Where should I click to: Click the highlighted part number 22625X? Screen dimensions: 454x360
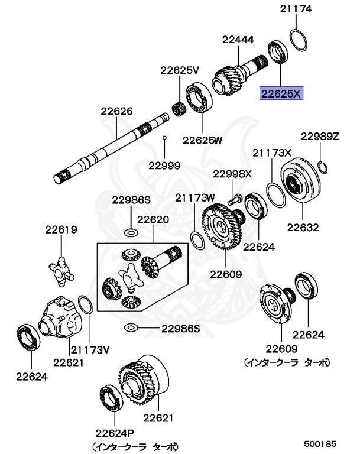point(281,93)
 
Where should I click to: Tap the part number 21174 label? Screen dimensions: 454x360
point(296,9)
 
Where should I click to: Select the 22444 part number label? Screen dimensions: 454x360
point(238,40)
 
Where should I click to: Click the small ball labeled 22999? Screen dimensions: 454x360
point(165,138)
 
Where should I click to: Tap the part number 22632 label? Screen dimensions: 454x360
point(303,227)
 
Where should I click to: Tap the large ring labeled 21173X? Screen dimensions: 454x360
point(275,196)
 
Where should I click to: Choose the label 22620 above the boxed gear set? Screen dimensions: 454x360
point(154,219)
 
